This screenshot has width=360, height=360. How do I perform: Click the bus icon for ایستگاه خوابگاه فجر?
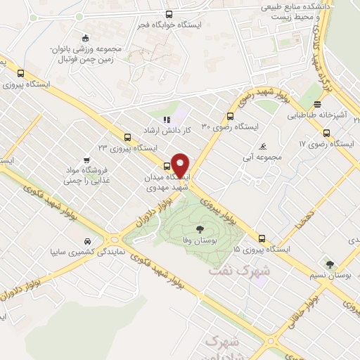point(167,14)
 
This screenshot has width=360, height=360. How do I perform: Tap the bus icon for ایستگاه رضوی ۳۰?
point(229,117)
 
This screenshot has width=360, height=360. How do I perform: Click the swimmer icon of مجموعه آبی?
point(262,146)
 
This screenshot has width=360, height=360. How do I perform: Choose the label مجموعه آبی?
point(262,157)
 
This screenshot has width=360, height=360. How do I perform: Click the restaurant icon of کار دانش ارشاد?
point(166,120)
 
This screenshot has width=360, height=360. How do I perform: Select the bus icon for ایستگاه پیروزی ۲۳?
point(127,137)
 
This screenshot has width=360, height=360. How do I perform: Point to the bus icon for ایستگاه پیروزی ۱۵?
point(262,238)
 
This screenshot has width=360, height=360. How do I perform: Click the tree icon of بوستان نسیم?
point(330,264)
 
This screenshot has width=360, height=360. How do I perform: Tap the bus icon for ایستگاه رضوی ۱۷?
point(326,132)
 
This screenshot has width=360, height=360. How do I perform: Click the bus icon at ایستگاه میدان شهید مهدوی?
point(166,167)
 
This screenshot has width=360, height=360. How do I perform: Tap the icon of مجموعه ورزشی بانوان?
point(86,38)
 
